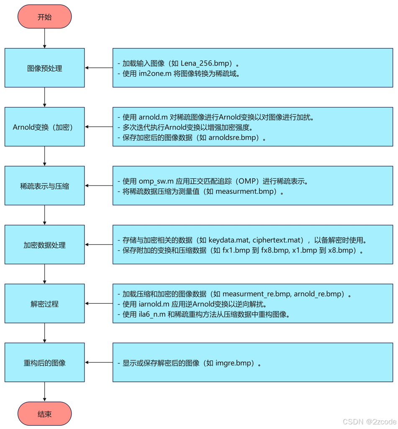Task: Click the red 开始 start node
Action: (x=44, y=17)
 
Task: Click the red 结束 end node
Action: (x=44, y=414)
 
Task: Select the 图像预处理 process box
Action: (x=44, y=68)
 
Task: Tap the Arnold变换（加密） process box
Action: (x=44, y=127)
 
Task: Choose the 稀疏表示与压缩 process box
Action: (x=44, y=186)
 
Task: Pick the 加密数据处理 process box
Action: (x=44, y=245)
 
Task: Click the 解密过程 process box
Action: (x=44, y=304)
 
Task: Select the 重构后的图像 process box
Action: (x=44, y=363)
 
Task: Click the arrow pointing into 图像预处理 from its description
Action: (x=99, y=68)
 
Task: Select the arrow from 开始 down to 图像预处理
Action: (x=44, y=38)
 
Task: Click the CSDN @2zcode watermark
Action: (x=369, y=421)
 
